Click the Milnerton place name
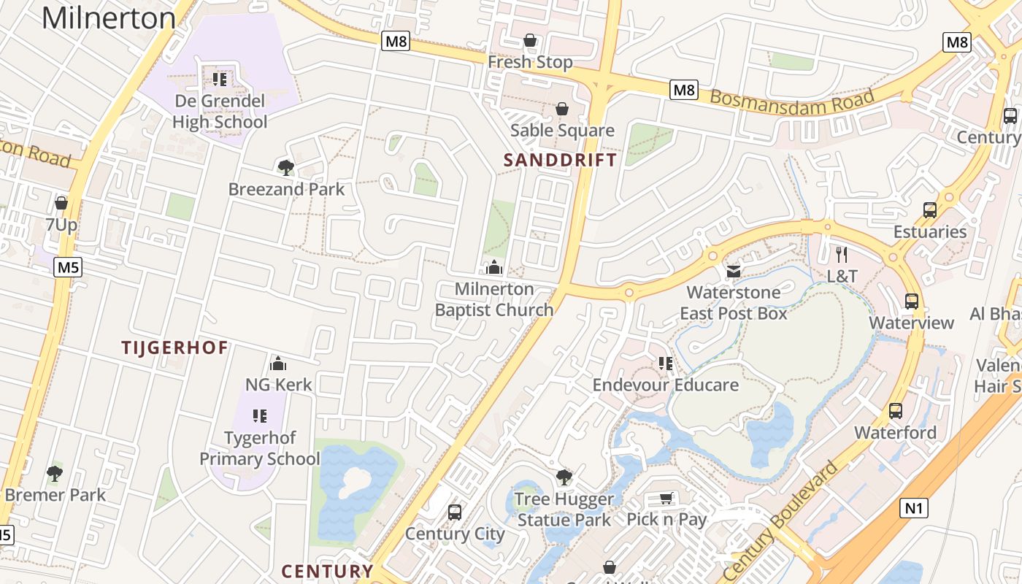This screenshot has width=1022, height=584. pyautogui.click(x=108, y=18)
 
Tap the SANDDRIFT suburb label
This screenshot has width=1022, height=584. pyautogui.click(x=560, y=160)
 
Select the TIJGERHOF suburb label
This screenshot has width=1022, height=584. pyautogui.click(x=175, y=347)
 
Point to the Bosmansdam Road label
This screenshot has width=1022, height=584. pyautogui.click(x=792, y=103)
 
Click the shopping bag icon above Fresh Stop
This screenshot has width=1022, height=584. pyautogui.click(x=530, y=40)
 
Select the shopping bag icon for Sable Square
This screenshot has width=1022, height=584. pyautogui.click(x=562, y=109)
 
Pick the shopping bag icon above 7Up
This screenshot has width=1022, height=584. pyautogui.click(x=61, y=202)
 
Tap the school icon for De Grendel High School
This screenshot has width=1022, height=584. pyautogui.click(x=220, y=79)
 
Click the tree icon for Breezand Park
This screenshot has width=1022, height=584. pyautogui.click(x=285, y=168)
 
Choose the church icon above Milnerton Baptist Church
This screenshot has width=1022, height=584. pyautogui.click(x=494, y=267)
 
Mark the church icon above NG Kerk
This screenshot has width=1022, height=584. pyautogui.click(x=278, y=363)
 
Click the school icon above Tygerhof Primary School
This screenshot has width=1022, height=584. pyautogui.click(x=259, y=416)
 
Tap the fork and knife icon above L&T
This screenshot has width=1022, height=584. pyautogui.click(x=842, y=254)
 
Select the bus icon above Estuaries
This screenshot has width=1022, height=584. pyautogui.click(x=929, y=210)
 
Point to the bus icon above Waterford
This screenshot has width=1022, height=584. pyautogui.click(x=896, y=411)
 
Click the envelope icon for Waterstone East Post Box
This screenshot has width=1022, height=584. pyautogui.click(x=733, y=272)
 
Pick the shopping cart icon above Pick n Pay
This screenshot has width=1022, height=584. pyautogui.click(x=666, y=498)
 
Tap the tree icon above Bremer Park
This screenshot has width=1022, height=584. pyautogui.click(x=55, y=474)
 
